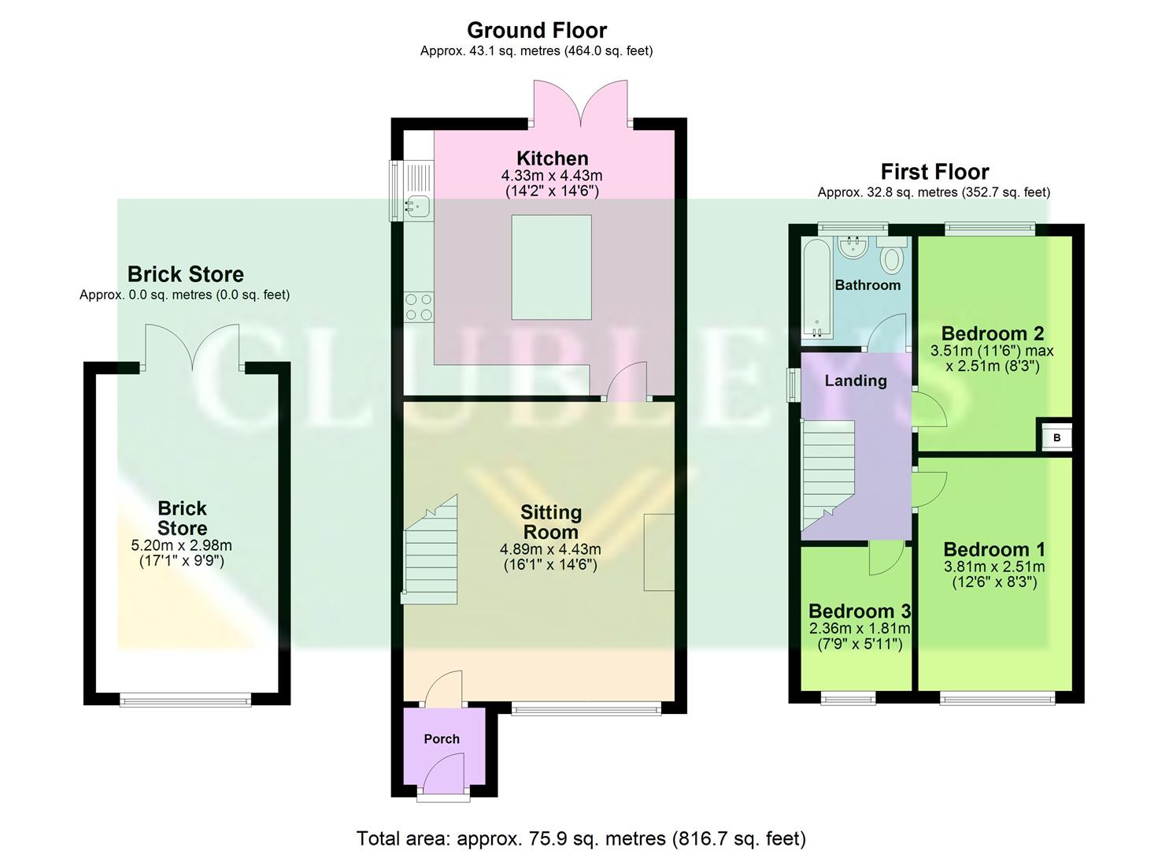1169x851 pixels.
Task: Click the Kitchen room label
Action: [552, 158]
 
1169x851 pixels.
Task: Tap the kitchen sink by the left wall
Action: [416, 206]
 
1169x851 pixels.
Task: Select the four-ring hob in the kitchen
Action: [418, 307]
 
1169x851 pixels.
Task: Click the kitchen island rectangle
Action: [551, 267]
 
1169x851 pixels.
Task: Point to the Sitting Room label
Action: [550, 522]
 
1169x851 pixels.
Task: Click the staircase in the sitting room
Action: [431, 552]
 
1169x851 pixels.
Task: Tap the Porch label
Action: [442, 739]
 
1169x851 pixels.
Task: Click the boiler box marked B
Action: [1056, 437]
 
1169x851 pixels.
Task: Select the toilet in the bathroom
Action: [892, 258]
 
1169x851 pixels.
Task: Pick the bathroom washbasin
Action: [852, 248]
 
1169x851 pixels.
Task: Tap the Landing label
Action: [856, 381]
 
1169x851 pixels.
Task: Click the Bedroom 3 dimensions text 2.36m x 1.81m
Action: [860, 629]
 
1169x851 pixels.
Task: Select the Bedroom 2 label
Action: [992, 333]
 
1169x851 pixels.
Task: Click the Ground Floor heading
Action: [537, 30]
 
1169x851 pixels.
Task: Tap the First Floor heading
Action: [934, 172]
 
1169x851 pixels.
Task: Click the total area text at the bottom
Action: [581, 838]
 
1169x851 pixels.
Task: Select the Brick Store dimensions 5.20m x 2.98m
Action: [182, 545]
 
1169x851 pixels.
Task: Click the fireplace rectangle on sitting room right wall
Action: [659, 552]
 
